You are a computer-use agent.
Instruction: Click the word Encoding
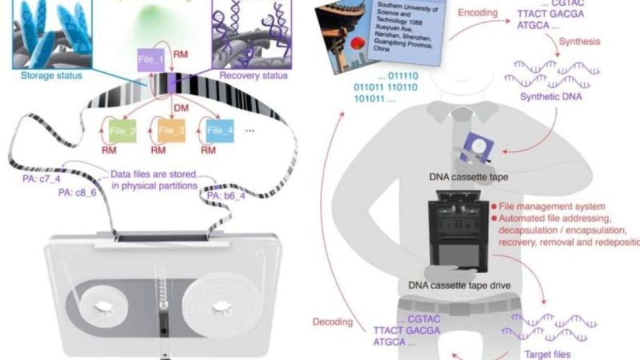pyautogui.click(x=478, y=13)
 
